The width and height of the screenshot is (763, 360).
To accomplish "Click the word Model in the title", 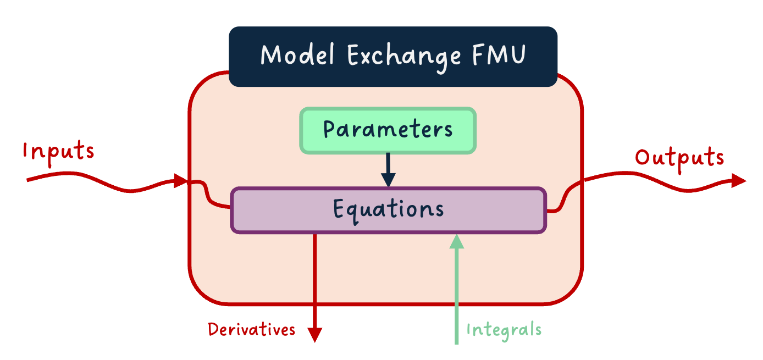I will [x=297, y=56].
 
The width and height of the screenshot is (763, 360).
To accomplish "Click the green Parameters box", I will [x=388, y=130].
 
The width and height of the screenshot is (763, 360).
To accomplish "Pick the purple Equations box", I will [x=388, y=211].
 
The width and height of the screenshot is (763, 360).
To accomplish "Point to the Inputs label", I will [x=58, y=151].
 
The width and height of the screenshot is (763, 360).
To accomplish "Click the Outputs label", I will [x=679, y=158].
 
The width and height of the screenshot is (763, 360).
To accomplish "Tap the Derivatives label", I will [x=251, y=330].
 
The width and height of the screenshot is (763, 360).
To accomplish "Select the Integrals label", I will [x=504, y=330].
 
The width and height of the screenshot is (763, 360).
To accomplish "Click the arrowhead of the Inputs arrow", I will [x=181, y=180].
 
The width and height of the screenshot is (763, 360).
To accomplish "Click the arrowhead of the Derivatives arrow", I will [x=314, y=335].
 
